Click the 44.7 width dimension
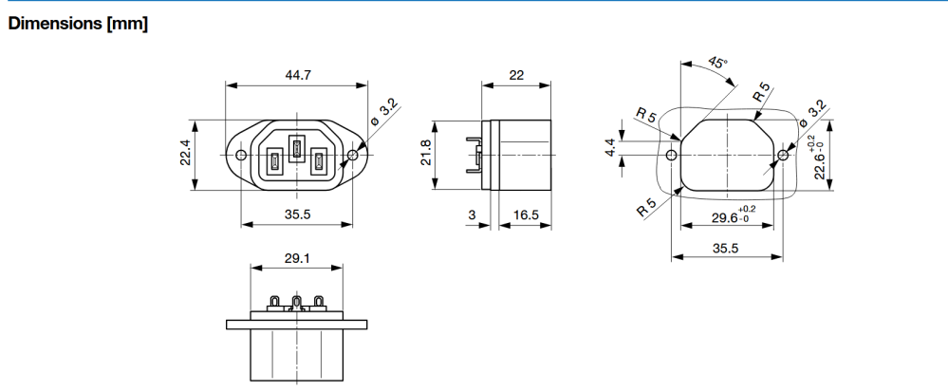(297, 75)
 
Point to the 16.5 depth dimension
(526, 214)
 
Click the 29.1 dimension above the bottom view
(297, 258)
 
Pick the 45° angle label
(717, 63)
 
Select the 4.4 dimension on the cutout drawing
(610, 147)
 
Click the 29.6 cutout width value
(726, 217)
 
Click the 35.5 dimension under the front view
(297, 214)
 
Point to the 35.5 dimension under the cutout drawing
(726, 248)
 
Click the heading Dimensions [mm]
(78, 24)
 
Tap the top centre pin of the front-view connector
(296, 149)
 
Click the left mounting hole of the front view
(241, 156)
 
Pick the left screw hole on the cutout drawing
(671, 156)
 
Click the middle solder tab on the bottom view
(296, 303)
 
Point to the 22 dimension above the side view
(516, 75)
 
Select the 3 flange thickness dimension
(473, 214)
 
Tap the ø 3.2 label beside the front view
(384, 112)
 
